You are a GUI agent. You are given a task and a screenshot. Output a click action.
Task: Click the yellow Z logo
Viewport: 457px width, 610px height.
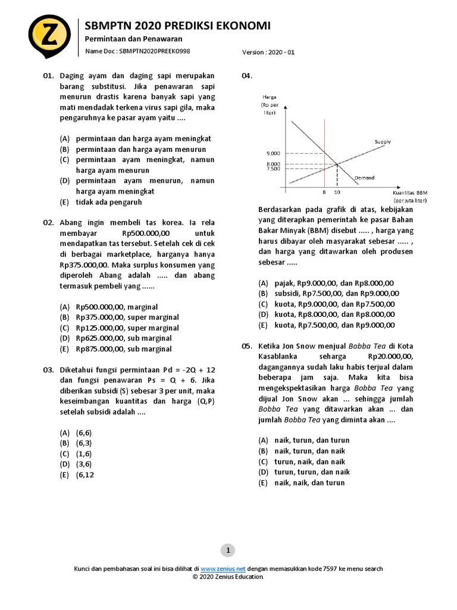(49, 34)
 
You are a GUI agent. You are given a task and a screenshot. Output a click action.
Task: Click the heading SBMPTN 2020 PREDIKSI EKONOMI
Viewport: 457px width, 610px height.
(178, 26)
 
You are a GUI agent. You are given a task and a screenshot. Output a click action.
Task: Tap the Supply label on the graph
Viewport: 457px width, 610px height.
(383, 142)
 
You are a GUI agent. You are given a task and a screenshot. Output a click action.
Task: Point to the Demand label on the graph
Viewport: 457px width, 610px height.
(364, 178)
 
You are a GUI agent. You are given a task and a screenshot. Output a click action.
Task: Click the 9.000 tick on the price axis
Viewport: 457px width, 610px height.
(273, 153)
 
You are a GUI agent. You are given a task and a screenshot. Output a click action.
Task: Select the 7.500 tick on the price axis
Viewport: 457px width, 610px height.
(273, 169)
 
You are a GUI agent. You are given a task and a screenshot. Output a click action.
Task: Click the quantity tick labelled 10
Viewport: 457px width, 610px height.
(337, 193)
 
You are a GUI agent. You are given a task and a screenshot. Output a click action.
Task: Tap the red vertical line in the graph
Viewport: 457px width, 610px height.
(324, 155)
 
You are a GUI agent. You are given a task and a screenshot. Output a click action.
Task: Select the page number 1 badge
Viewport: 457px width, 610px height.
(228, 550)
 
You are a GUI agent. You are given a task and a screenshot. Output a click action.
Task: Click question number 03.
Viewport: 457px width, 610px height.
(48, 370)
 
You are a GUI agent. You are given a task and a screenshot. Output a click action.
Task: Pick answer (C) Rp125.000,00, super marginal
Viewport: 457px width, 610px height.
(119, 328)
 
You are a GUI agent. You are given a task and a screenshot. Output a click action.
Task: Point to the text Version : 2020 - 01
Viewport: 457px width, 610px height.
(268, 52)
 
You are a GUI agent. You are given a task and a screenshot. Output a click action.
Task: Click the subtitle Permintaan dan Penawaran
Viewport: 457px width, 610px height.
(125, 39)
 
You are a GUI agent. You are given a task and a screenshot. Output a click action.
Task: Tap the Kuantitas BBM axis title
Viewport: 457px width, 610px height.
(410, 194)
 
